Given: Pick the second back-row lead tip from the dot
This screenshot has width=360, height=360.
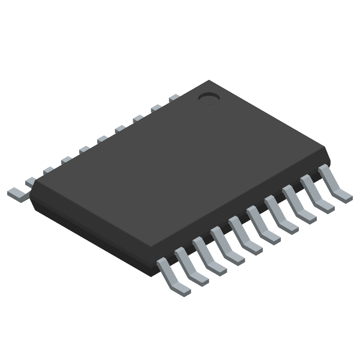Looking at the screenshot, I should pos(156,108).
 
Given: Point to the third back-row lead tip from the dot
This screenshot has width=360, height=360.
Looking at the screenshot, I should pos(138,118).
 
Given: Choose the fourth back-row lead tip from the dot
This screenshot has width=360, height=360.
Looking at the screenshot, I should pos(120,129).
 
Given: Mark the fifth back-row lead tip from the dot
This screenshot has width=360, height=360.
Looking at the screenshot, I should pos(102,139).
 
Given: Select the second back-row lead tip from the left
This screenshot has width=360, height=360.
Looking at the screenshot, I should pos(30,181).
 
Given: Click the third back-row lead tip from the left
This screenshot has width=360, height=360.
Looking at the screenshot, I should pos(48,171).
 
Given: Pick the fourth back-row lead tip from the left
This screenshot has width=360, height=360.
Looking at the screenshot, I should pos(66,160).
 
